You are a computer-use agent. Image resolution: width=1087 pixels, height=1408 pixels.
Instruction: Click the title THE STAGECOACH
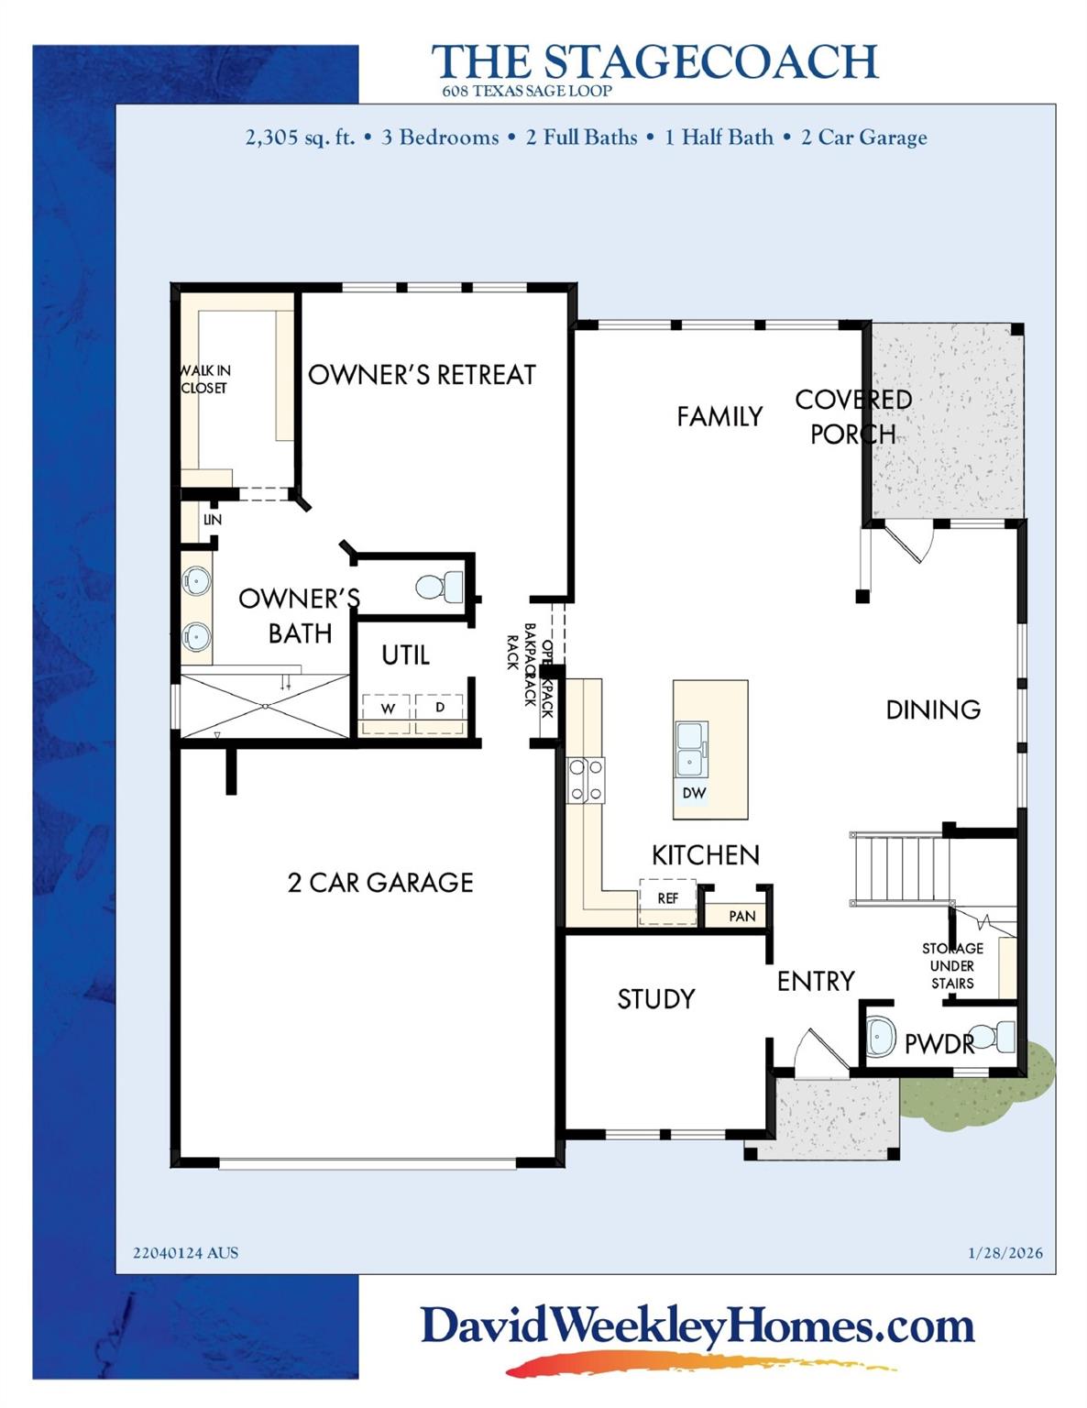654,61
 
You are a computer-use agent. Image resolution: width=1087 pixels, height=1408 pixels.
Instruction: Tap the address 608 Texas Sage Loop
526,91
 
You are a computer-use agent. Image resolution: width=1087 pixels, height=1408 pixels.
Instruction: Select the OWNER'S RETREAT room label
422,375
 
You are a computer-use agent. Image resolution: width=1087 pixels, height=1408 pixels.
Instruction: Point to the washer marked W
388,709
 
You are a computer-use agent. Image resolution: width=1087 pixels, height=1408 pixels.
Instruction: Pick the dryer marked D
440,708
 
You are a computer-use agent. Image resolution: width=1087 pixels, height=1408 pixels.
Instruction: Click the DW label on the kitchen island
694,793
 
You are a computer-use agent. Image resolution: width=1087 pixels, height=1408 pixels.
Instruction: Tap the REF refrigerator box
667,898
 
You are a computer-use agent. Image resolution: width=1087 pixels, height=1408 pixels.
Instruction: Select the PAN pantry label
741,916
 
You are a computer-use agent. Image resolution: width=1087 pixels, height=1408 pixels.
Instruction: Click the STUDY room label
655,999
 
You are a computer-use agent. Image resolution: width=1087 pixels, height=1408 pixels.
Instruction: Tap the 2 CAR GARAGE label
380,883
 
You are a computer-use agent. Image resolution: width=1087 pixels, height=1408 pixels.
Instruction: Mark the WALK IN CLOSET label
204,379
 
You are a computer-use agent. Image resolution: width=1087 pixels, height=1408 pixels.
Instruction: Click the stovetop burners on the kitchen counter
586,780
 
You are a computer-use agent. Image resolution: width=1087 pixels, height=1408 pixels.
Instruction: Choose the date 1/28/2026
1005,1253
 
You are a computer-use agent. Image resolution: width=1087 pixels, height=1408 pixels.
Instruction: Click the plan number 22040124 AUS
185,1253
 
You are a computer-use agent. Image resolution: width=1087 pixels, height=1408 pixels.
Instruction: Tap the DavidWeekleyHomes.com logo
697,1327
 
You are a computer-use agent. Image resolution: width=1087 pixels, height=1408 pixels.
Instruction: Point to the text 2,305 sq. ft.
300,138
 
